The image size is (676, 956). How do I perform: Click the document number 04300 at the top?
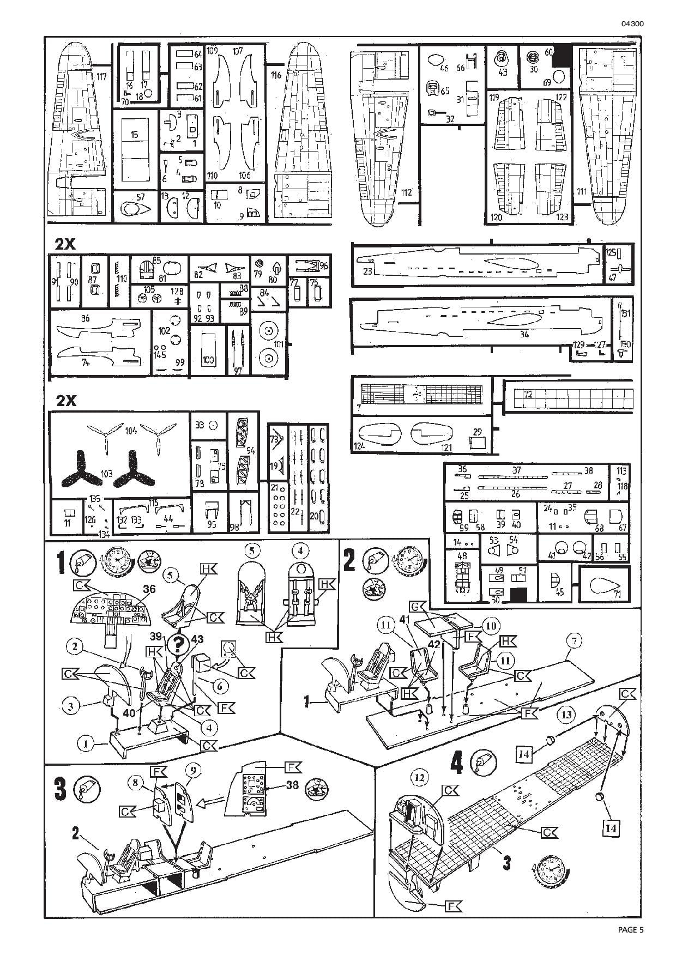[x=631, y=24]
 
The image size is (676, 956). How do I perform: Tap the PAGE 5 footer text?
[x=631, y=930]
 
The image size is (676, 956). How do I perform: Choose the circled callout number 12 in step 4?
[x=419, y=778]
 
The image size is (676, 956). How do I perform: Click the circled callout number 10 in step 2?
[x=491, y=625]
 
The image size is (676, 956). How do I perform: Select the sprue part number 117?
[x=101, y=76]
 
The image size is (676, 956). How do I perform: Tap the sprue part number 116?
[x=276, y=75]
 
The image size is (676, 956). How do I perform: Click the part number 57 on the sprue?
[x=140, y=197]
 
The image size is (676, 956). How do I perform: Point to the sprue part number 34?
[x=524, y=334]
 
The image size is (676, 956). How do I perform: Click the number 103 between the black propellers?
[x=106, y=474]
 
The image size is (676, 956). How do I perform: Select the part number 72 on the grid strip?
[x=528, y=394]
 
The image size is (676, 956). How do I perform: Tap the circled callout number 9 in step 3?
[x=193, y=770]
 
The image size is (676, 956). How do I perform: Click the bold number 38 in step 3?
[x=292, y=785]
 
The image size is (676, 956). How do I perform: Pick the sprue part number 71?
[x=617, y=594]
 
